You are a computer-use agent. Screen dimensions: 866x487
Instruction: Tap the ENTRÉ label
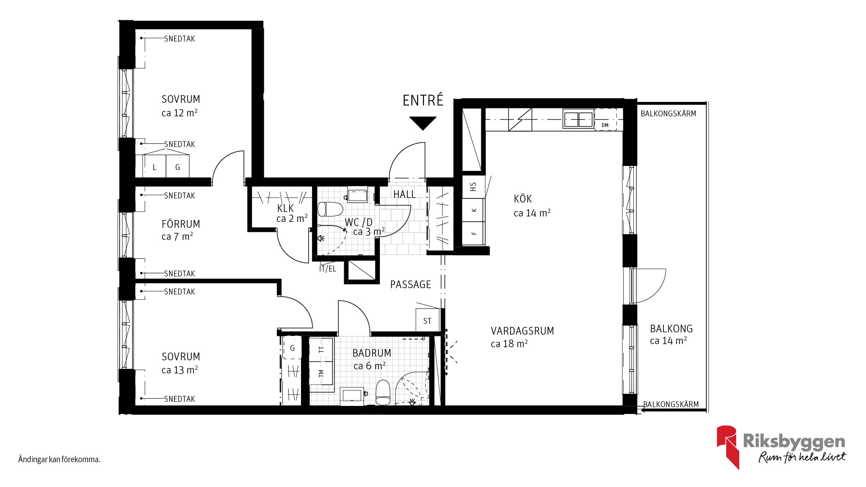pyautogui.click(x=423, y=100)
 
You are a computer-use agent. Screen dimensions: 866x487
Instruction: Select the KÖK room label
pyautogui.click(x=523, y=199)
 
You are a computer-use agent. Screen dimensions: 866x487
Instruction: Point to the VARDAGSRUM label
pyautogui.click(x=522, y=331)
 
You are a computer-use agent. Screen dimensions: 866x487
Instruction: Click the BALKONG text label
pyautogui.click(x=671, y=329)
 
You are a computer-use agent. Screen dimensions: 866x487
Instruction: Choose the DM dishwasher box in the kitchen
pyautogui.click(x=605, y=119)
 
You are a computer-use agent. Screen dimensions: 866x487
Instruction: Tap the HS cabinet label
pyautogui.click(x=473, y=186)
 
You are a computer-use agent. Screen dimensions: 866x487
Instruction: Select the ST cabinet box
pyautogui.click(x=427, y=320)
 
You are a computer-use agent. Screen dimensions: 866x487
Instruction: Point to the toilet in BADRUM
pyautogui.click(x=383, y=392)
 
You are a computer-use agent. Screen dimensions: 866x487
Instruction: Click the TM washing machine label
pyautogui.click(x=321, y=373)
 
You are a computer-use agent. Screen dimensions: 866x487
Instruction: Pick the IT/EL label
pyautogui.click(x=327, y=269)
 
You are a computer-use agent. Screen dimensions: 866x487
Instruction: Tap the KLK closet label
pyautogui.click(x=286, y=208)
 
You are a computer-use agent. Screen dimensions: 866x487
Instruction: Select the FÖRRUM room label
pyautogui.click(x=180, y=224)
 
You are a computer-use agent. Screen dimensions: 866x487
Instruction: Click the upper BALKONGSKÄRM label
pyautogui.click(x=668, y=114)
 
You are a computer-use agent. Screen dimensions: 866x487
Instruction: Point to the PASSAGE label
pyautogui.click(x=410, y=285)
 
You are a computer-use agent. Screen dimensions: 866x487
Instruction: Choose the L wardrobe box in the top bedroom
pyautogui.click(x=155, y=167)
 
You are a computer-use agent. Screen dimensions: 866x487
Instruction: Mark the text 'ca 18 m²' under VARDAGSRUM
pyautogui.click(x=509, y=344)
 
